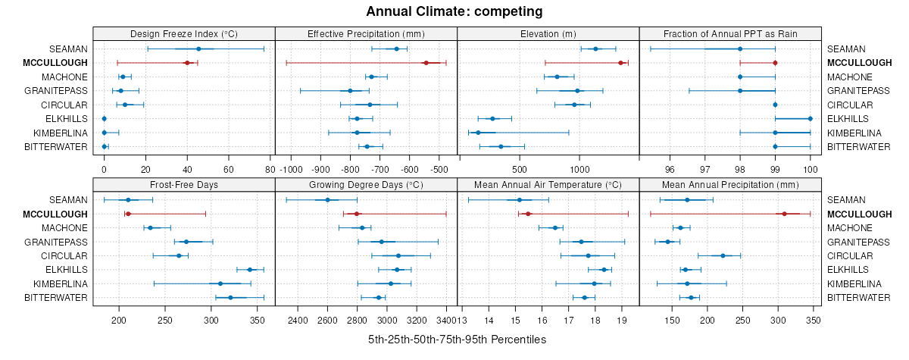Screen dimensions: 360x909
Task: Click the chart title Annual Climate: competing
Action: tap(454, 11)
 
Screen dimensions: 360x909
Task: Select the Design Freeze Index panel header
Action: tap(184, 34)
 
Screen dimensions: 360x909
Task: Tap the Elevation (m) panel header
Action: tap(548, 34)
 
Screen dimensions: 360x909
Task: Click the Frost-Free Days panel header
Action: tap(184, 185)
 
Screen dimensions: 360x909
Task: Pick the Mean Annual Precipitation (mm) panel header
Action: tap(730, 185)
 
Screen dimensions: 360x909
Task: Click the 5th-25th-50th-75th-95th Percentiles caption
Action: tap(457, 340)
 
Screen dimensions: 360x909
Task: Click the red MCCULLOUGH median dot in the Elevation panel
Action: tap(620, 63)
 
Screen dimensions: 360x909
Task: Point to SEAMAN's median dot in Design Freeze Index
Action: tap(198, 49)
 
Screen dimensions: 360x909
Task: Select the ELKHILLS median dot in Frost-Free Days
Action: tap(250, 270)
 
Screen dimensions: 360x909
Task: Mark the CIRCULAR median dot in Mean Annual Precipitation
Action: tap(723, 255)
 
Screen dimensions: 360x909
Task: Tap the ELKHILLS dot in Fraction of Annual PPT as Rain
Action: tap(810, 118)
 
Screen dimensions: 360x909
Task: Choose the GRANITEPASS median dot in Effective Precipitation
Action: tap(350, 91)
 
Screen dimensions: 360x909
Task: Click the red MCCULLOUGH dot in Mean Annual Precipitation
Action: tap(784, 214)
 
